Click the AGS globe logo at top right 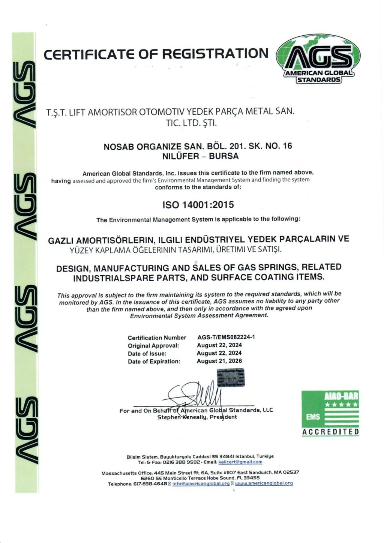[318, 59]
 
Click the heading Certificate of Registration [156, 54]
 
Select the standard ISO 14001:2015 [198, 205]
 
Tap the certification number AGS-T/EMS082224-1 [226, 337]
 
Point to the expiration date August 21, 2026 [219, 361]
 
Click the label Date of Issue [147, 354]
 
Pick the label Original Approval [153, 346]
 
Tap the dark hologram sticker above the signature [231, 378]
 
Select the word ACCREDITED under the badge [330, 432]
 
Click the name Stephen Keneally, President [197, 417]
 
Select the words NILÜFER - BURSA [200, 156]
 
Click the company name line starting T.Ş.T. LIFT [170, 112]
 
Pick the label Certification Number [157, 337]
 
